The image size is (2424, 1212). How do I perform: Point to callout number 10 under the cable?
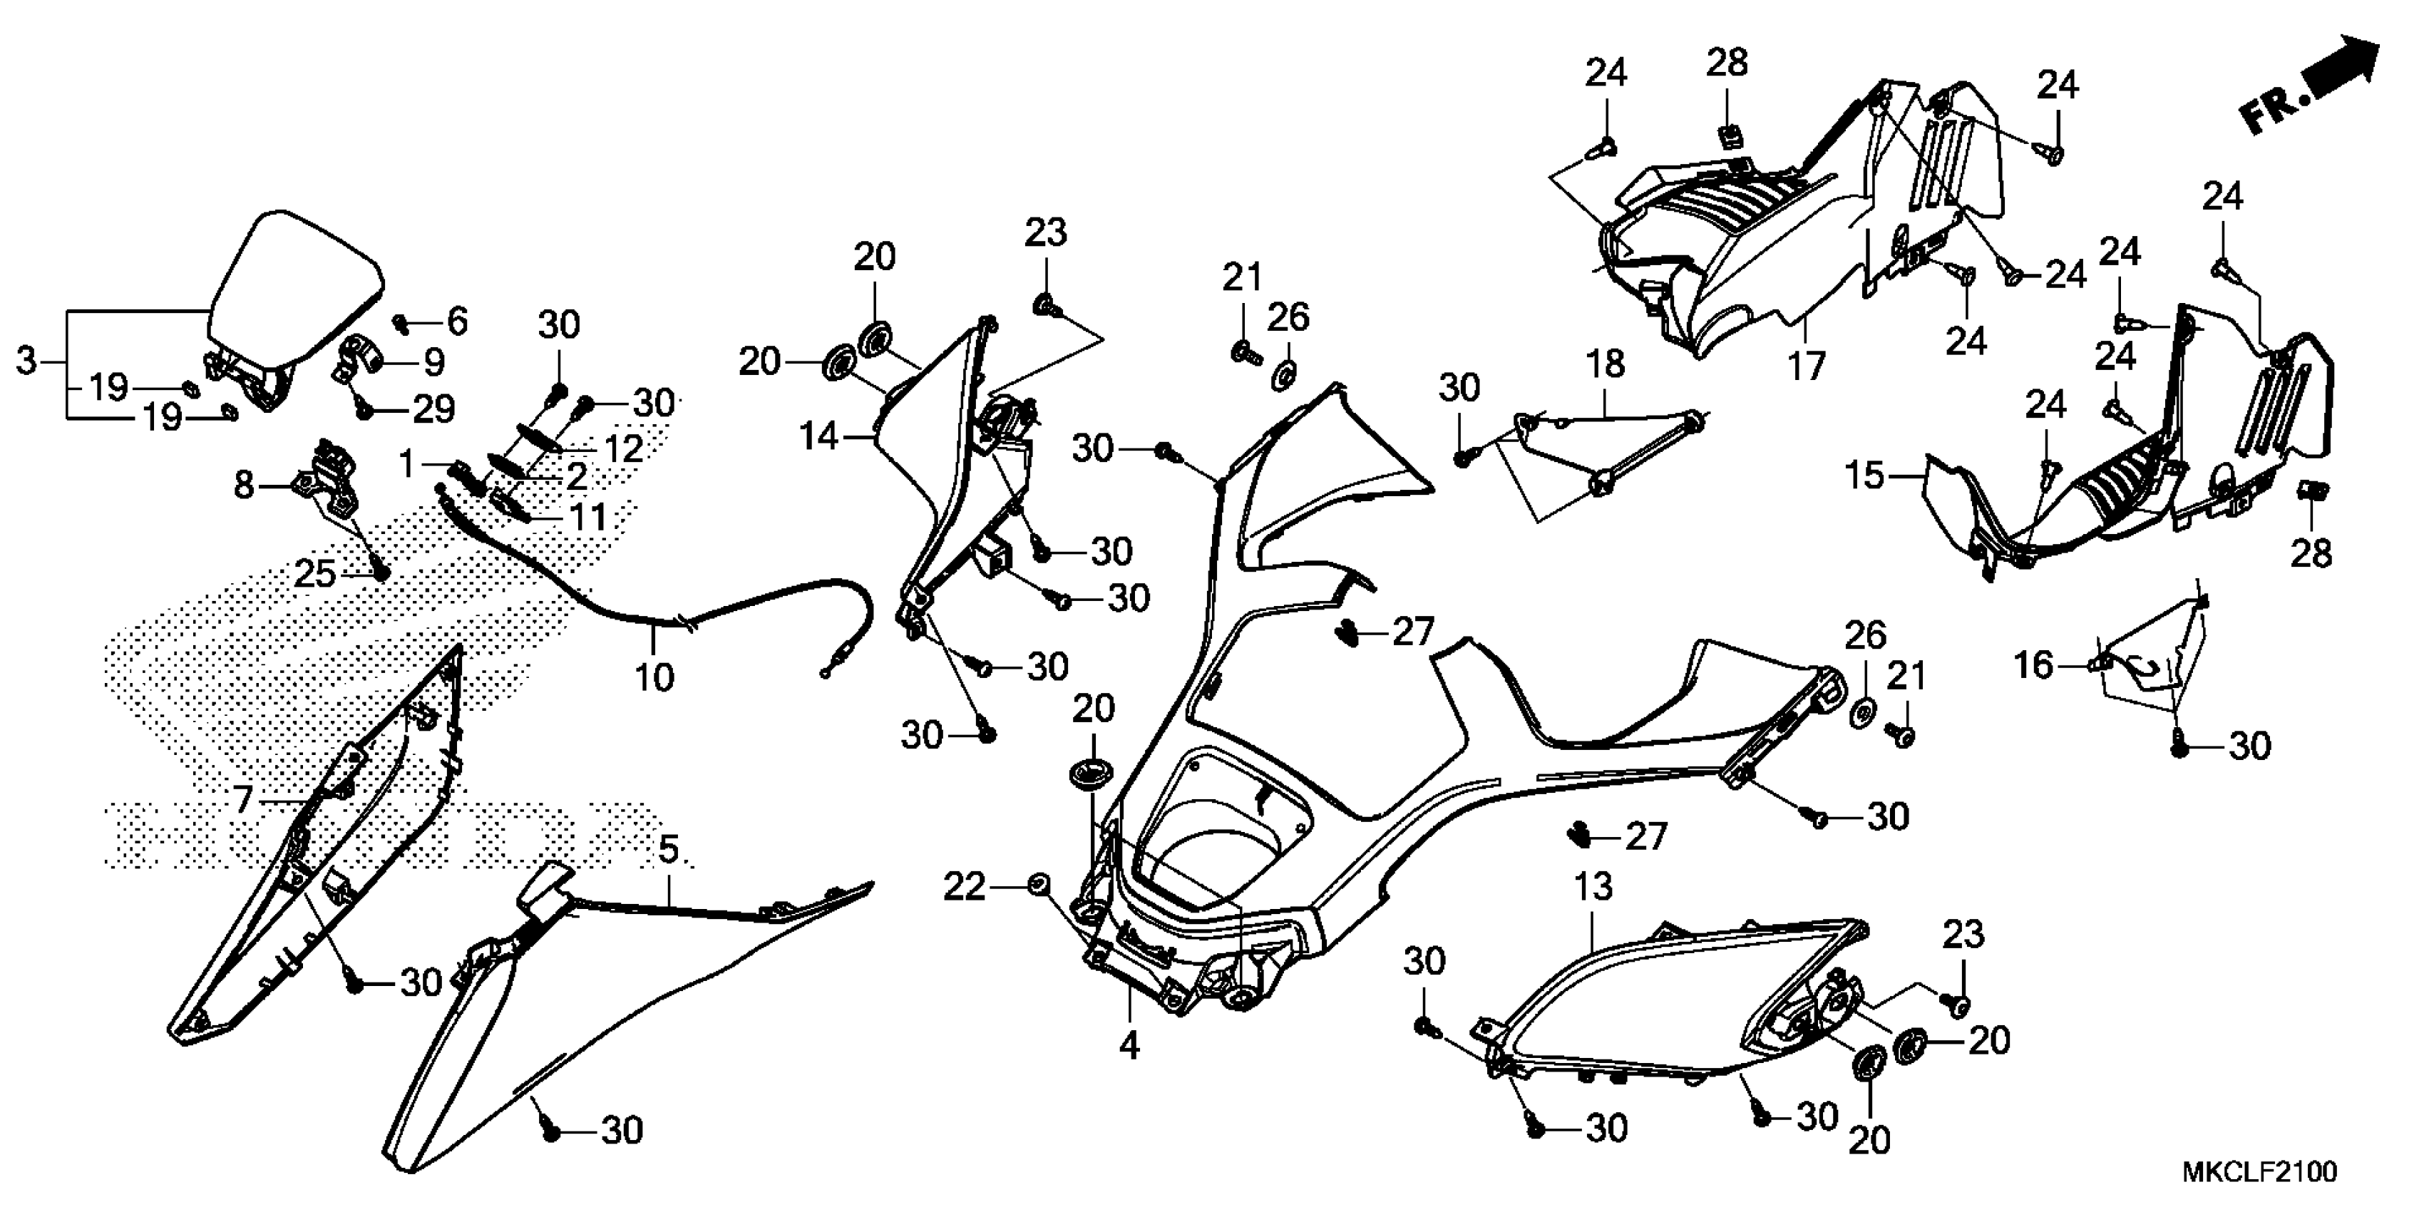point(654,677)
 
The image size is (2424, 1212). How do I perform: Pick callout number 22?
point(965,886)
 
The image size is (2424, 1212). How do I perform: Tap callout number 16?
point(2033,665)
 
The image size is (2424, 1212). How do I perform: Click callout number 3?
point(26,361)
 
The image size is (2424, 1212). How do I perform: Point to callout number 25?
point(315,573)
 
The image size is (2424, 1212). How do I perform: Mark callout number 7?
point(243,800)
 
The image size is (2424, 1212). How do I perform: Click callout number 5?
point(668,850)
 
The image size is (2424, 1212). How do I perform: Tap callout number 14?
point(818,436)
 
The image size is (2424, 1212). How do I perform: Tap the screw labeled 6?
point(401,323)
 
